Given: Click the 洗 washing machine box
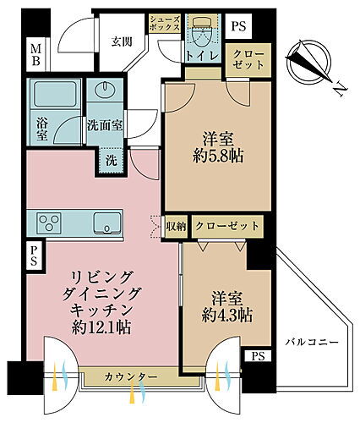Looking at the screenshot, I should (111, 159).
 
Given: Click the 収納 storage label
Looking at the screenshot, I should (177, 226).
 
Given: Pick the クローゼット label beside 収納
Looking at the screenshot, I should (226, 226).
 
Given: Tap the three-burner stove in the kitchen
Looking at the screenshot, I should (48, 224).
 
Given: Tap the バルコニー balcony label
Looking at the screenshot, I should (312, 343).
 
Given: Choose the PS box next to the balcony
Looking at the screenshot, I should (257, 356).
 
